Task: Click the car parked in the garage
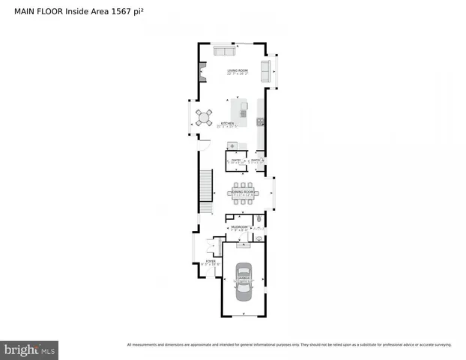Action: tap(244, 281)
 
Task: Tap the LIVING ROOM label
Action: tap(238, 70)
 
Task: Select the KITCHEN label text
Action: tap(227, 123)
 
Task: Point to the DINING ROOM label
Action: tap(245, 193)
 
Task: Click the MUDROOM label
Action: tap(239, 226)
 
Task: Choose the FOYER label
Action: tap(211, 261)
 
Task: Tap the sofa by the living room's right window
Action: tap(265, 71)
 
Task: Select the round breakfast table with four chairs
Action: tap(204, 116)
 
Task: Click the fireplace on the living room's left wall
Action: tap(202, 72)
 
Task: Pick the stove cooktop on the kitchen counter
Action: tap(260, 121)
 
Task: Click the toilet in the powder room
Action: tap(258, 220)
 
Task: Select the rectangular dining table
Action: tap(245, 193)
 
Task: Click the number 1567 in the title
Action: tap(112, 11)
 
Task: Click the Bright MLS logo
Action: tap(30, 349)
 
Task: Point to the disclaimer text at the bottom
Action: tap(289, 345)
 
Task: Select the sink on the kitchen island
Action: tap(243, 114)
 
